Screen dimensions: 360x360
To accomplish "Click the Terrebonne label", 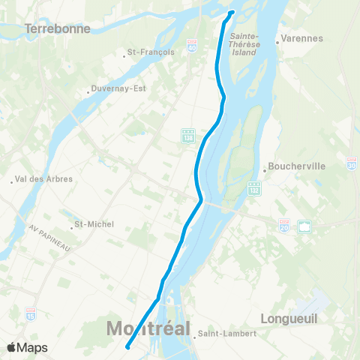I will click(57, 28).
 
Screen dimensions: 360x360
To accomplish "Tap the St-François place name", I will click(151, 52).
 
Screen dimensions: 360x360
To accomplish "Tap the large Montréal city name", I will click(148, 328).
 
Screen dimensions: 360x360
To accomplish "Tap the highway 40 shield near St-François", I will click(191, 46).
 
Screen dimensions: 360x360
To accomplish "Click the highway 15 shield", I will click(30, 311).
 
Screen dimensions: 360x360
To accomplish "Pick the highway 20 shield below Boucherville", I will click(284, 224).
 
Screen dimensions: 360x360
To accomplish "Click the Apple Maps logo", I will click(27, 347).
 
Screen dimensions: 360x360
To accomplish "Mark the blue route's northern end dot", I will click(231, 13).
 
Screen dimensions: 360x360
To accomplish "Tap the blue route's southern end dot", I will click(128, 346).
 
